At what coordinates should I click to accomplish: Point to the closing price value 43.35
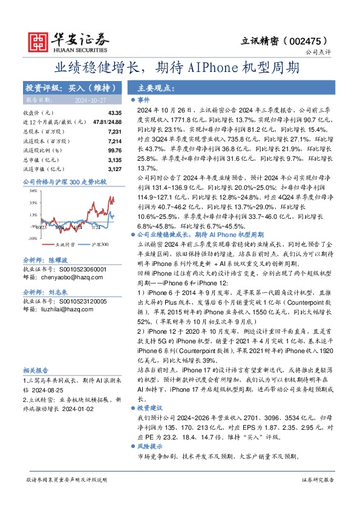(114, 113)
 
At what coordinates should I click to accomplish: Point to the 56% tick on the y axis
(33, 189)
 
